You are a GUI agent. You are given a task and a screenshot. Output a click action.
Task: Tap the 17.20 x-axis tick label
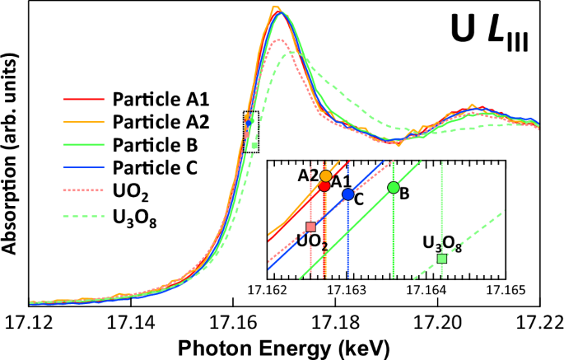[x=437, y=320]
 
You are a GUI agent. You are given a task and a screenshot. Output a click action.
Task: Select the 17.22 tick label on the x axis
[x=539, y=320]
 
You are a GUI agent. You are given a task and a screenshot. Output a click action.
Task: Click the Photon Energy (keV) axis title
[x=284, y=346]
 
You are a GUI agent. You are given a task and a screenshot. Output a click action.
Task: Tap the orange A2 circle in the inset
[x=326, y=176]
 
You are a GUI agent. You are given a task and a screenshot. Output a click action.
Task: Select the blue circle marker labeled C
[x=348, y=194]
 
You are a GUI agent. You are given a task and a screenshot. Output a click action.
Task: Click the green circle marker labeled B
[x=394, y=188]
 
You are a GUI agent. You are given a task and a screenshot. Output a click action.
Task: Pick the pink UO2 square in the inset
[x=310, y=227]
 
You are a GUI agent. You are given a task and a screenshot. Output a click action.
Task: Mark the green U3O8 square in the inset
[x=442, y=259]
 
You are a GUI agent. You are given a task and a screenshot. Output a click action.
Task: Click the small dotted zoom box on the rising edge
[x=251, y=132]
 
